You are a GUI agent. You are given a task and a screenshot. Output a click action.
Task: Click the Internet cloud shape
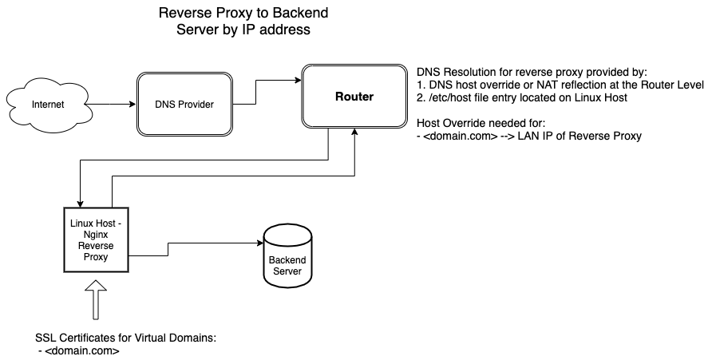pyautogui.click(x=49, y=105)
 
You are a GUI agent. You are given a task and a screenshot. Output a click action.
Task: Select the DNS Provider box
pyautogui.click(x=184, y=105)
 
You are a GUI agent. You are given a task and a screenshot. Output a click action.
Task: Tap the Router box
pyautogui.click(x=354, y=97)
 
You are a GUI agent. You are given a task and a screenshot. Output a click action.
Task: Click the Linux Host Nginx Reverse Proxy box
pyautogui.click(x=95, y=240)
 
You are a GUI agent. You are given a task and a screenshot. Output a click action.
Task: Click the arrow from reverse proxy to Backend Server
pyautogui.click(x=192, y=244)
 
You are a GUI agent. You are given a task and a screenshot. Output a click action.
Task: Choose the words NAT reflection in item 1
pyautogui.click(x=570, y=84)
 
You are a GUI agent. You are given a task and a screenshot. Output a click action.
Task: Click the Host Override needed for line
pyautogui.click(x=479, y=124)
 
